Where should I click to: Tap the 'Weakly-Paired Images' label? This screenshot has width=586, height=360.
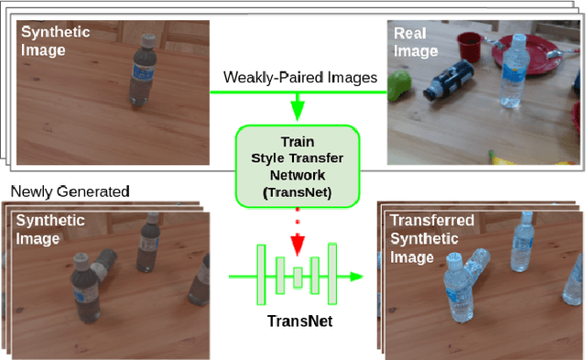click(298, 79)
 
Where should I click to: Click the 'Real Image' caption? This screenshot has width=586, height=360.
click(413, 42)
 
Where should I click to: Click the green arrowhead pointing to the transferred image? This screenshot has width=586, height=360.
click(354, 276)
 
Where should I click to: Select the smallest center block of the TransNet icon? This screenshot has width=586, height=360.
click(298, 276)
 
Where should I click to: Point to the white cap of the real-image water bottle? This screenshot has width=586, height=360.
click(518, 40)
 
